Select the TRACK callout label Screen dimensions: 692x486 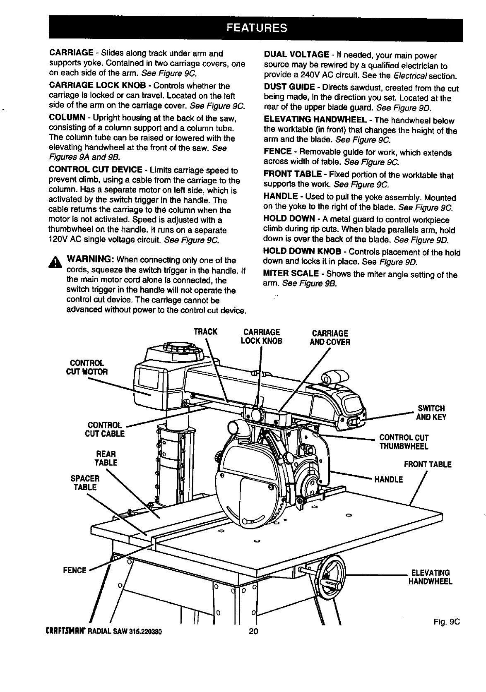(x=205, y=332)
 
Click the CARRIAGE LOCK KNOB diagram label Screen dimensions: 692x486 (x=262, y=337)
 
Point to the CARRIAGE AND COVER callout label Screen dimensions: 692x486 (x=330, y=338)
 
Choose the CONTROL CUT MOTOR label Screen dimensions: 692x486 (x=87, y=367)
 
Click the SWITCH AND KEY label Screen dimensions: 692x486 (x=431, y=413)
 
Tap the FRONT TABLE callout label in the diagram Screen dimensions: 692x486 (x=427, y=464)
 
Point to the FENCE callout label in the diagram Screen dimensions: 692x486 (x=75, y=570)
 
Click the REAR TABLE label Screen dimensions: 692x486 (x=106, y=458)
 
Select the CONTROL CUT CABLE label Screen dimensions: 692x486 (x=106, y=429)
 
